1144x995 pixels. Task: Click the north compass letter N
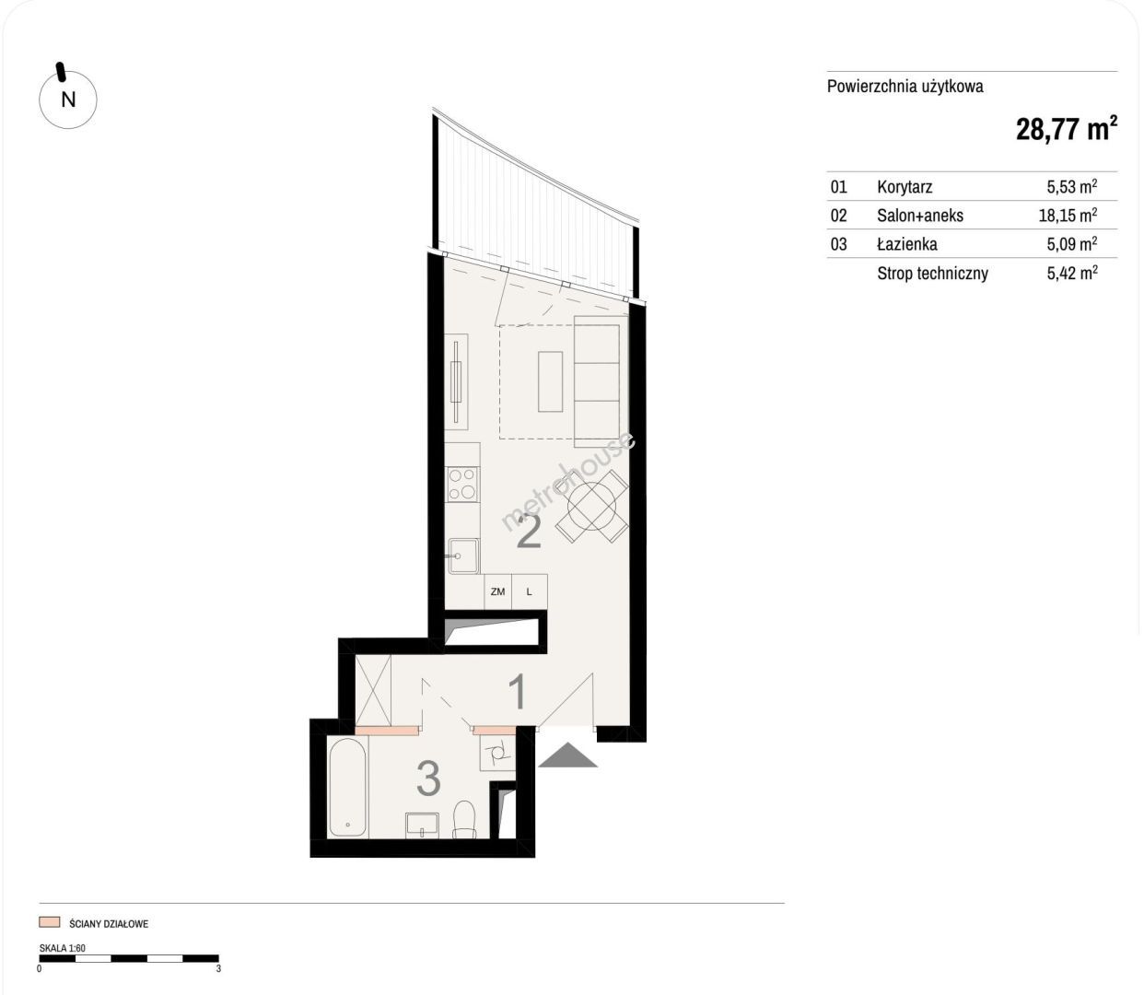(68, 99)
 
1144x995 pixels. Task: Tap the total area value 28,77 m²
(1067, 129)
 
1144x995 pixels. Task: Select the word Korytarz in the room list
(905, 187)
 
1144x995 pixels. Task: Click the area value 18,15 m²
(1068, 216)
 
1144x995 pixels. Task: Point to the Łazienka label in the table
(907, 244)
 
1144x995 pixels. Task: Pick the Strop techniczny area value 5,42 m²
(1072, 273)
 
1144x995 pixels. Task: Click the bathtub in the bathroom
(348, 788)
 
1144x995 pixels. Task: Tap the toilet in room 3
(463, 819)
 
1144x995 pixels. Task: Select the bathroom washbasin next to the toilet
(422, 825)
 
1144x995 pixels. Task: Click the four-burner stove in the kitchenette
(463, 485)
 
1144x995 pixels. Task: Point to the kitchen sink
(463, 556)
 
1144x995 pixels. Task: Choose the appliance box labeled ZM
(497, 591)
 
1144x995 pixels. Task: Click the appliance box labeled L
(529, 591)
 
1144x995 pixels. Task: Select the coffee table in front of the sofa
(550, 381)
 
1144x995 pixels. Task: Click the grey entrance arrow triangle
(567, 755)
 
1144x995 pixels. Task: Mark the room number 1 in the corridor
(519, 692)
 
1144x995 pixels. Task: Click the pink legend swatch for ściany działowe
(49, 921)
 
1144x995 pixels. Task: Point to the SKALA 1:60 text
(62, 948)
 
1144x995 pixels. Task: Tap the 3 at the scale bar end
(218, 968)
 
